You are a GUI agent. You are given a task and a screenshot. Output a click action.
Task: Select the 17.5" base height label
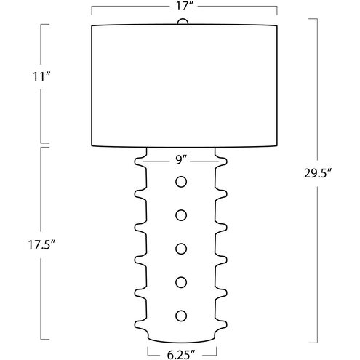pyautogui.click(x=42, y=245)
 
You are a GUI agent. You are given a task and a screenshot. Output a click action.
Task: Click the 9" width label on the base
pyautogui.click(x=181, y=160)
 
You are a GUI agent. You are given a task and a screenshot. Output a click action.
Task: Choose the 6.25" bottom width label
pyautogui.click(x=181, y=355)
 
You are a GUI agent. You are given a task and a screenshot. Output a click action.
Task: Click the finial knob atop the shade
pyautogui.click(x=183, y=21)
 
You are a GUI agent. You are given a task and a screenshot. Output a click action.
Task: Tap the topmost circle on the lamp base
pyautogui.click(x=181, y=182)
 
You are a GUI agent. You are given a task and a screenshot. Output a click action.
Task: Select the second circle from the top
pyautogui.click(x=181, y=215)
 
